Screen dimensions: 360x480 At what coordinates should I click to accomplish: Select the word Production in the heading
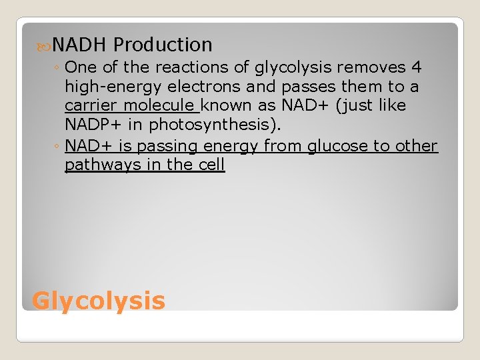point(163,45)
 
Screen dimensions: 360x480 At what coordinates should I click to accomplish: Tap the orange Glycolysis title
point(99,301)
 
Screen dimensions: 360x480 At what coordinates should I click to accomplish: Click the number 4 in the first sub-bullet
point(417,67)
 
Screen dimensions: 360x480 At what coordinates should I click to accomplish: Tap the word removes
point(377,67)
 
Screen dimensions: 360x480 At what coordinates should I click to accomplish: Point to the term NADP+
point(91,125)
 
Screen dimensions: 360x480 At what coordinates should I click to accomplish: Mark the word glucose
point(340,146)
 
